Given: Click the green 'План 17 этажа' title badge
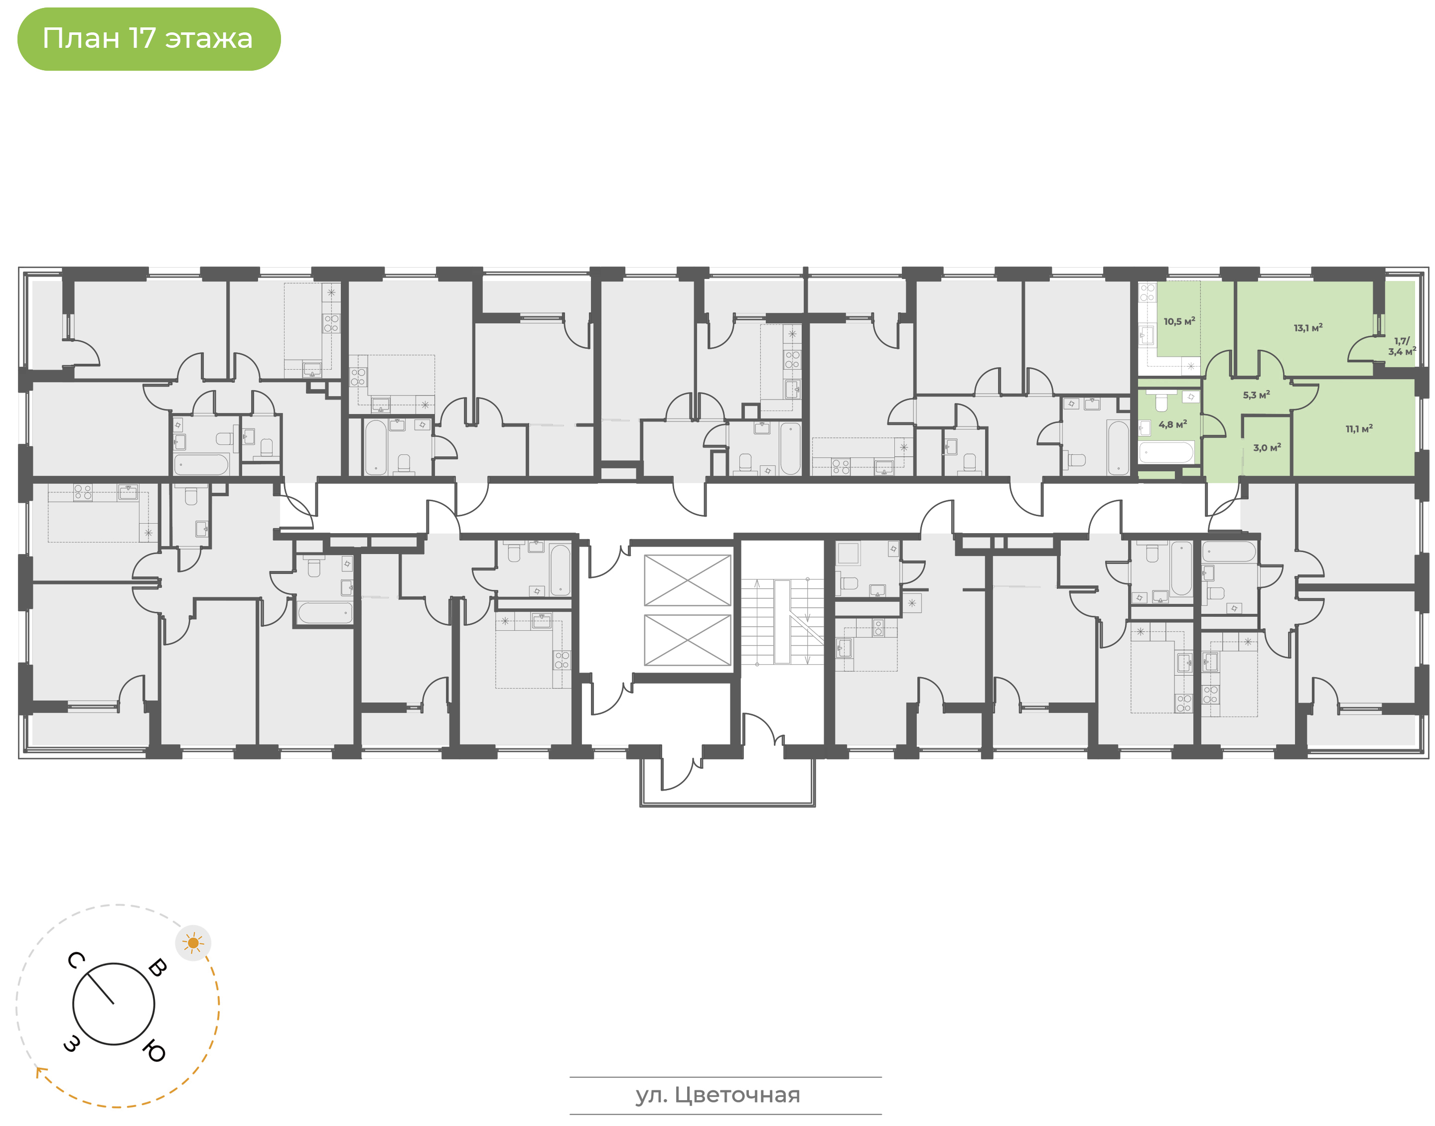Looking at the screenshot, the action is pyautogui.click(x=149, y=39).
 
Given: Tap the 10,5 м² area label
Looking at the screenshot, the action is pyautogui.click(x=1179, y=322).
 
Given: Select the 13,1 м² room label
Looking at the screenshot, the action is pyautogui.click(x=1308, y=328).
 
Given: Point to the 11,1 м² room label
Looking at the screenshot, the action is pyautogui.click(x=1359, y=428).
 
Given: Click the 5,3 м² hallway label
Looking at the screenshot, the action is pyautogui.click(x=1256, y=395).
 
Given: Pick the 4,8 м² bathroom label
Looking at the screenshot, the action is pyautogui.click(x=1172, y=424).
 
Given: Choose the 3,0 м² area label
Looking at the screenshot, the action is pyautogui.click(x=1267, y=447).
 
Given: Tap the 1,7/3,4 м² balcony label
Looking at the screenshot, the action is pyautogui.click(x=1402, y=347).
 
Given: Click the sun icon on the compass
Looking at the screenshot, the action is pyautogui.click(x=193, y=943).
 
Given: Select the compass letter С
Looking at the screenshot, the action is pyautogui.click(x=76, y=961).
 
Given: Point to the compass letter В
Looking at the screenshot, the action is pyautogui.click(x=157, y=968).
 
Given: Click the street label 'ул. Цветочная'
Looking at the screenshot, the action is pyautogui.click(x=718, y=1095).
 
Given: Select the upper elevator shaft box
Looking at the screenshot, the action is pyautogui.click(x=688, y=580).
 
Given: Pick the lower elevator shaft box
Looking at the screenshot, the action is pyautogui.click(x=688, y=639).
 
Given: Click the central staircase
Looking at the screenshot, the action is pyautogui.click(x=782, y=622).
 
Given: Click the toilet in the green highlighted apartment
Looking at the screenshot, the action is pyautogui.click(x=1161, y=401).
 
